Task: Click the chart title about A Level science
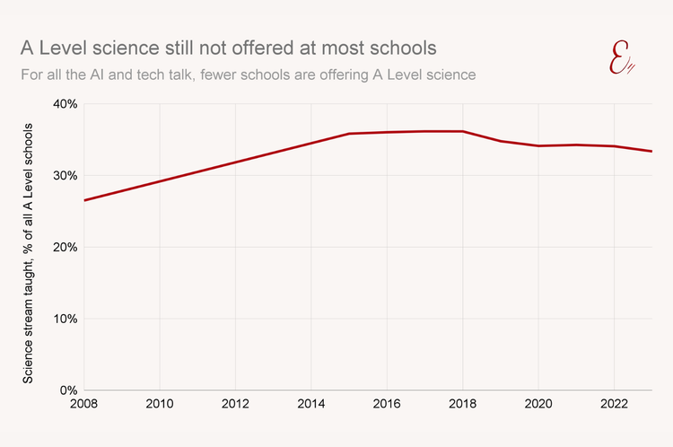230,47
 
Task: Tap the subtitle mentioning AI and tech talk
248,74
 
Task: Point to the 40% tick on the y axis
64,104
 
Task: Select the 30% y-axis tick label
64,176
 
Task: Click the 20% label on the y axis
64,247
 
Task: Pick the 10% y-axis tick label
64,319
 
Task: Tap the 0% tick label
67,390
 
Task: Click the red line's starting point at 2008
84,200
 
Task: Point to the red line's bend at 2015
349,134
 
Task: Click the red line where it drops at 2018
463,131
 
